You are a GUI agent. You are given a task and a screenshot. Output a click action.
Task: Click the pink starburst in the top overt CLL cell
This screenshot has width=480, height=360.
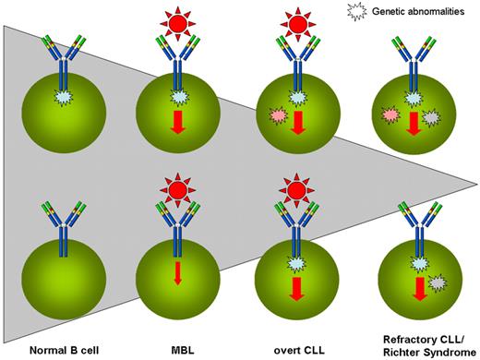tap(276, 114)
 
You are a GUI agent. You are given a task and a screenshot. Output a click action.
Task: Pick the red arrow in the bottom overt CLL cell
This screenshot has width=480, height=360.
tap(296, 291)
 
